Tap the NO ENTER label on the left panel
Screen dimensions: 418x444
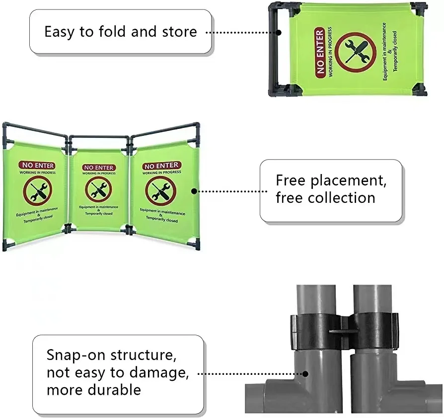(37, 166)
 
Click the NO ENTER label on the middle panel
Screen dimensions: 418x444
(98, 168)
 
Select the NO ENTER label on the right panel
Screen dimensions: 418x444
(161, 166)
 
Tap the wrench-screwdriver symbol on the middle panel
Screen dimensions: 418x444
(98, 190)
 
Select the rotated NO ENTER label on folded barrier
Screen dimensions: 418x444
(320, 52)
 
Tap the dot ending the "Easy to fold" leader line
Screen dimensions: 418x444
(279, 33)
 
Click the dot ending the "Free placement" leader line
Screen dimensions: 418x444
(194, 190)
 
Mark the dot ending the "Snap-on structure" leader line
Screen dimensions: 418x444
(305, 374)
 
